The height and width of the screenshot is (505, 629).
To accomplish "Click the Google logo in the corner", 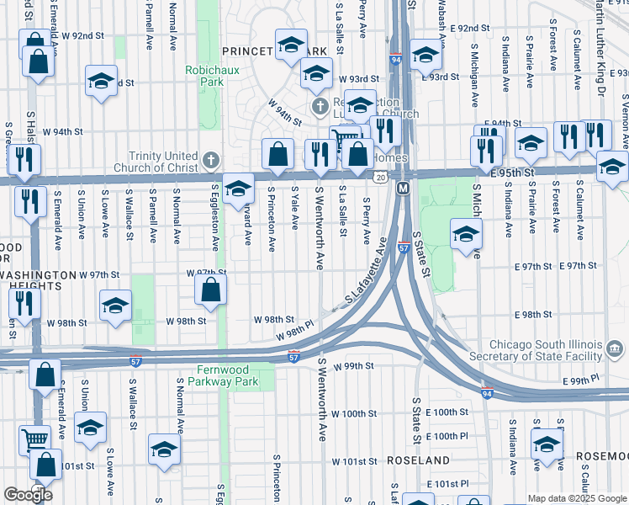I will pyautogui.click(x=27, y=495).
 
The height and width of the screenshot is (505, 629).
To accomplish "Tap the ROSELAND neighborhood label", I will pyautogui.click(x=419, y=461).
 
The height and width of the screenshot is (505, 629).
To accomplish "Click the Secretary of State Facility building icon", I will pyautogui.click(x=613, y=348).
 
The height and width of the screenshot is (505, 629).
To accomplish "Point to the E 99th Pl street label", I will pyautogui.click(x=582, y=381).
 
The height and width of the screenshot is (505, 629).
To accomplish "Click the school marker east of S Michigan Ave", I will pyautogui.click(x=465, y=235).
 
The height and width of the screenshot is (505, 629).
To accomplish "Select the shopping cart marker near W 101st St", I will pyautogui.click(x=34, y=439).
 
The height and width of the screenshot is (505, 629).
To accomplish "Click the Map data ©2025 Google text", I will pyautogui.click(x=576, y=498).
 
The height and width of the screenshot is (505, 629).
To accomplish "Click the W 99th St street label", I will pyautogui.click(x=352, y=367).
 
